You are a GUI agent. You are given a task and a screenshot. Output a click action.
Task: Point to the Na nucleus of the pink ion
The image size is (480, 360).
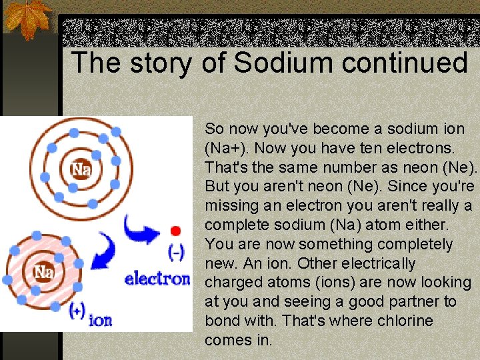coord(43,272)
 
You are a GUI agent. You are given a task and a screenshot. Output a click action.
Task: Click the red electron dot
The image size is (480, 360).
coord(175,231)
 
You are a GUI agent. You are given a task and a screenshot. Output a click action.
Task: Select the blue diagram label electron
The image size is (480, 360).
coord(157,277)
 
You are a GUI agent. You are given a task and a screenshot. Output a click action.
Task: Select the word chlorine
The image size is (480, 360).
coord(405,321)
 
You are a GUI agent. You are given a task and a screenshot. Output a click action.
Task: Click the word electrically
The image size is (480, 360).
coord(378,263)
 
